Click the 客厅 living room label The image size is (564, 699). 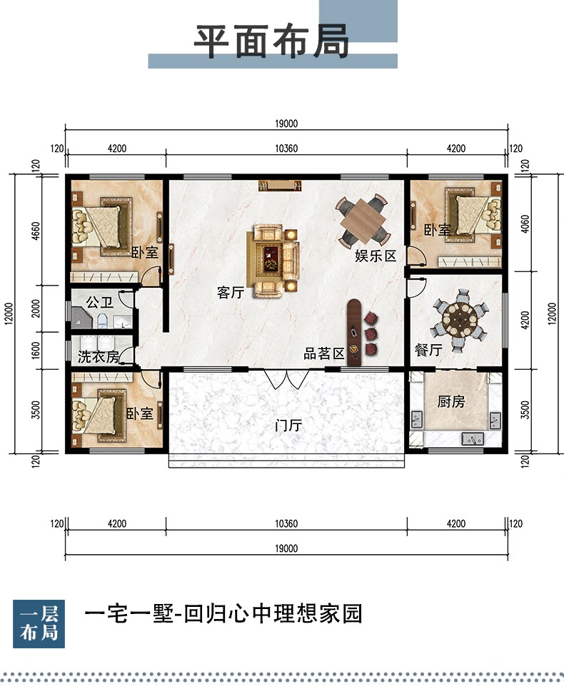pos(231,293)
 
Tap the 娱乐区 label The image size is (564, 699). pos(376,256)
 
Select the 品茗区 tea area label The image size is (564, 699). pos(324,353)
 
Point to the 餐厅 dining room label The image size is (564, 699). pos(428,350)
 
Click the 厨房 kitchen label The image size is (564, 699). pos(450,402)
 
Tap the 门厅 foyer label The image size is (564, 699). pos(288,426)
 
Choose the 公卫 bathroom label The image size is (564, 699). pos(100,302)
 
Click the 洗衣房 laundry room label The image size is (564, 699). pos(99,356)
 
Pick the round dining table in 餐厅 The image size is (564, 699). pos(460,318)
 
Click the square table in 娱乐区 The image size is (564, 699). pos(362,220)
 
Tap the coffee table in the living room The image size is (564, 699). pos(269,258)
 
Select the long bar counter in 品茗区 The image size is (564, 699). pos(355,333)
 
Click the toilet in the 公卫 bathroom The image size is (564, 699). pos(102,321)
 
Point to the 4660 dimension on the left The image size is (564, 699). pos(36,231)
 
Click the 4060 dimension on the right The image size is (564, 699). pos(525,223)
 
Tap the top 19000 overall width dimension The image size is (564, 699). pos(286,124)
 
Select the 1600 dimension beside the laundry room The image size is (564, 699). pos(36,351)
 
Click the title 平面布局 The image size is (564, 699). pos(271,41)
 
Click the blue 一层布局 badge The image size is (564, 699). pos(39,623)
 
